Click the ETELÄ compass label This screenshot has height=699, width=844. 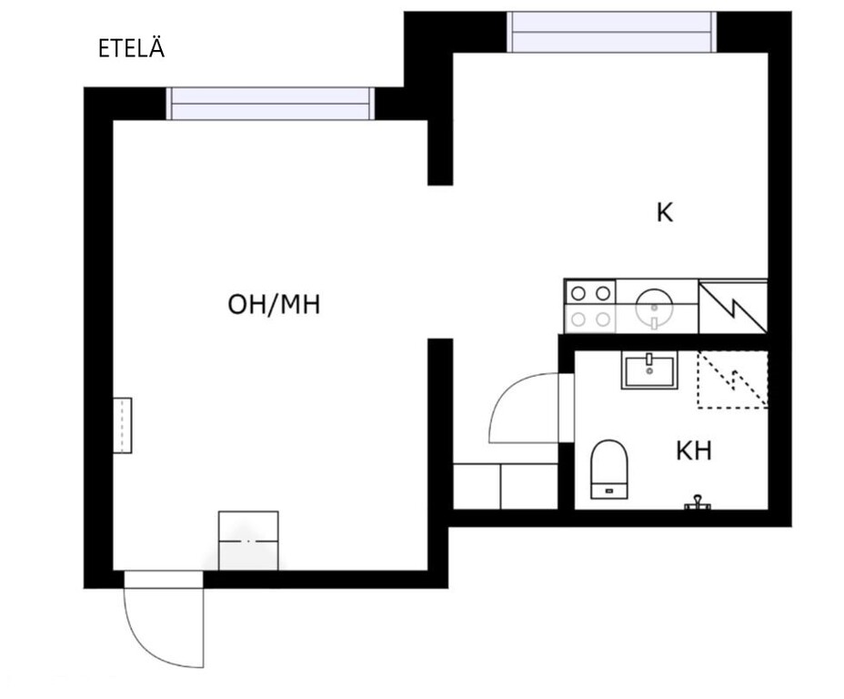[x=131, y=47]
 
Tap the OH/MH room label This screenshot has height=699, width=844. [x=274, y=304]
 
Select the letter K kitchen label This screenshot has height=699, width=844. [x=665, y=213]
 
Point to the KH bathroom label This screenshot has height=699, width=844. [x=694, y=451]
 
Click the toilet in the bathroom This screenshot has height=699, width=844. [x=609, y=469]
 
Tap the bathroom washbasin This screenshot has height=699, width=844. [x=649, y=370]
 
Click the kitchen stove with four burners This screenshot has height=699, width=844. [x=590, y=307]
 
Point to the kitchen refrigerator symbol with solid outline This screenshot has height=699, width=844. [x=732, y=307]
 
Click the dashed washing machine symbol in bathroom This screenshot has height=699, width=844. [x=732, y=380]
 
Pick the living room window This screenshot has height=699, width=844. [x=270, y=104]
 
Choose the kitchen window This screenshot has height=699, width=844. [x=612, y=32]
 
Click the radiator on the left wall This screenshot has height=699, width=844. [x=122, y=425]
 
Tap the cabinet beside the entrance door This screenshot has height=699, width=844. [x=248, y=541]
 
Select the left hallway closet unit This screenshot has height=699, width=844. [x=477, y=486]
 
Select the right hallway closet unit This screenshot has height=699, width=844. [x=529, y=486]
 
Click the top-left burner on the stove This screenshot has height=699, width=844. [x=578, y=293]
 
